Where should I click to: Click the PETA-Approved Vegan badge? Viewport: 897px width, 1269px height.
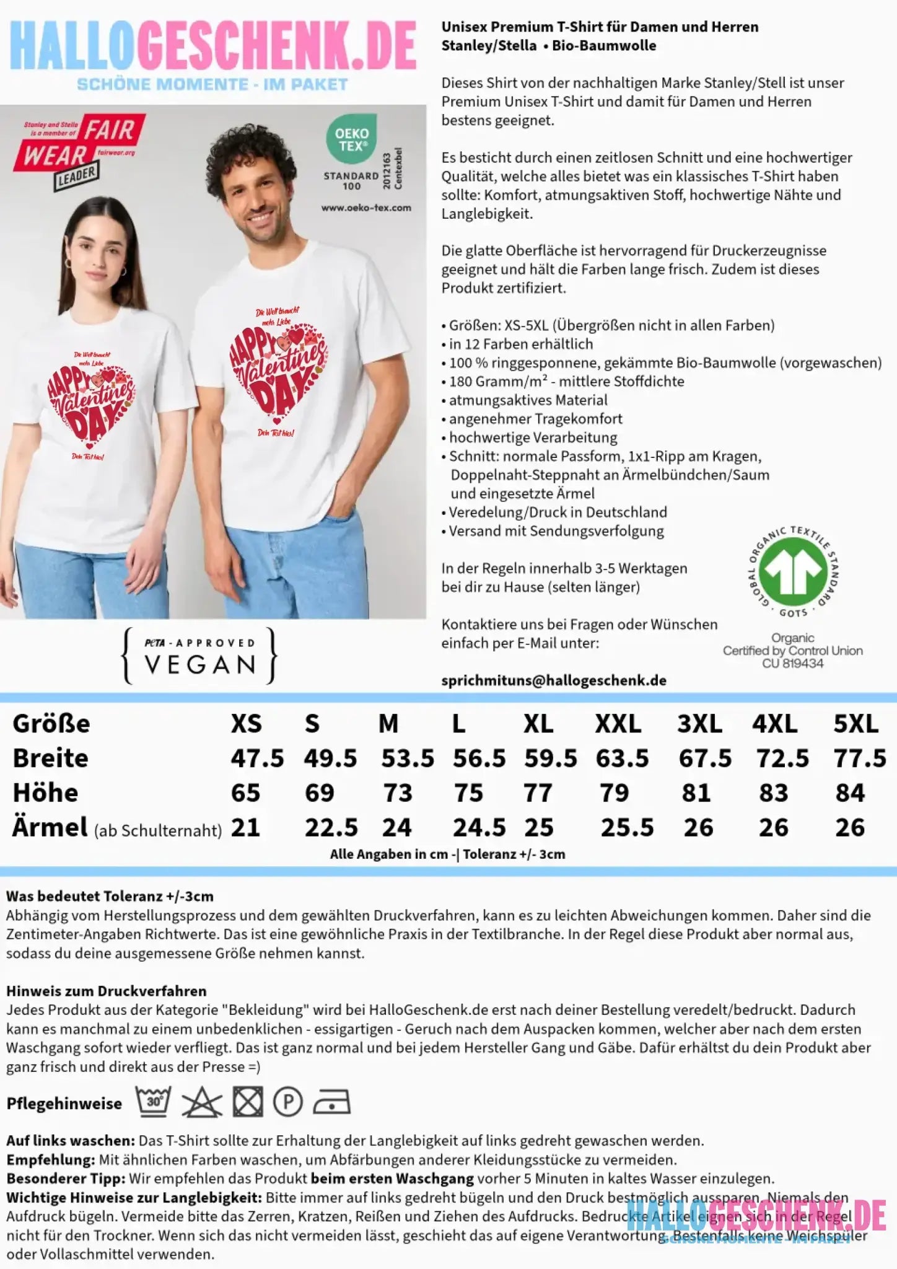[x=200, y=656]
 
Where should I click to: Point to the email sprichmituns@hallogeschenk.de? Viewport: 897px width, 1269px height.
[x=554, y=680]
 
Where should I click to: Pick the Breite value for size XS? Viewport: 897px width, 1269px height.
[x=257, y=758]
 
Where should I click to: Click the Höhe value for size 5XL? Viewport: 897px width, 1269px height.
[x=849, y=793]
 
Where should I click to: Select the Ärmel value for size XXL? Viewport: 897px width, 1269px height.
[x=626, y=828]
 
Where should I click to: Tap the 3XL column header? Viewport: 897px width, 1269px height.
[x=699, y=724]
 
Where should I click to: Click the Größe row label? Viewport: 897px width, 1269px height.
[x=51, y=724]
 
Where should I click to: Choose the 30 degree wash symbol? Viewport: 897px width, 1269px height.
[x=154, y=1102]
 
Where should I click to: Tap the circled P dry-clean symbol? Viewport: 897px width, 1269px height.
[x=288, y=1102]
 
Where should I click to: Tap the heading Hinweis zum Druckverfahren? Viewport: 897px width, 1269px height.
[x=106, y=991]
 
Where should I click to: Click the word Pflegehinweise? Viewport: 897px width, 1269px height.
[x=64, y=1104]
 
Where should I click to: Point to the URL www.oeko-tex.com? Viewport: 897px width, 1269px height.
[x=366, y=208]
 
